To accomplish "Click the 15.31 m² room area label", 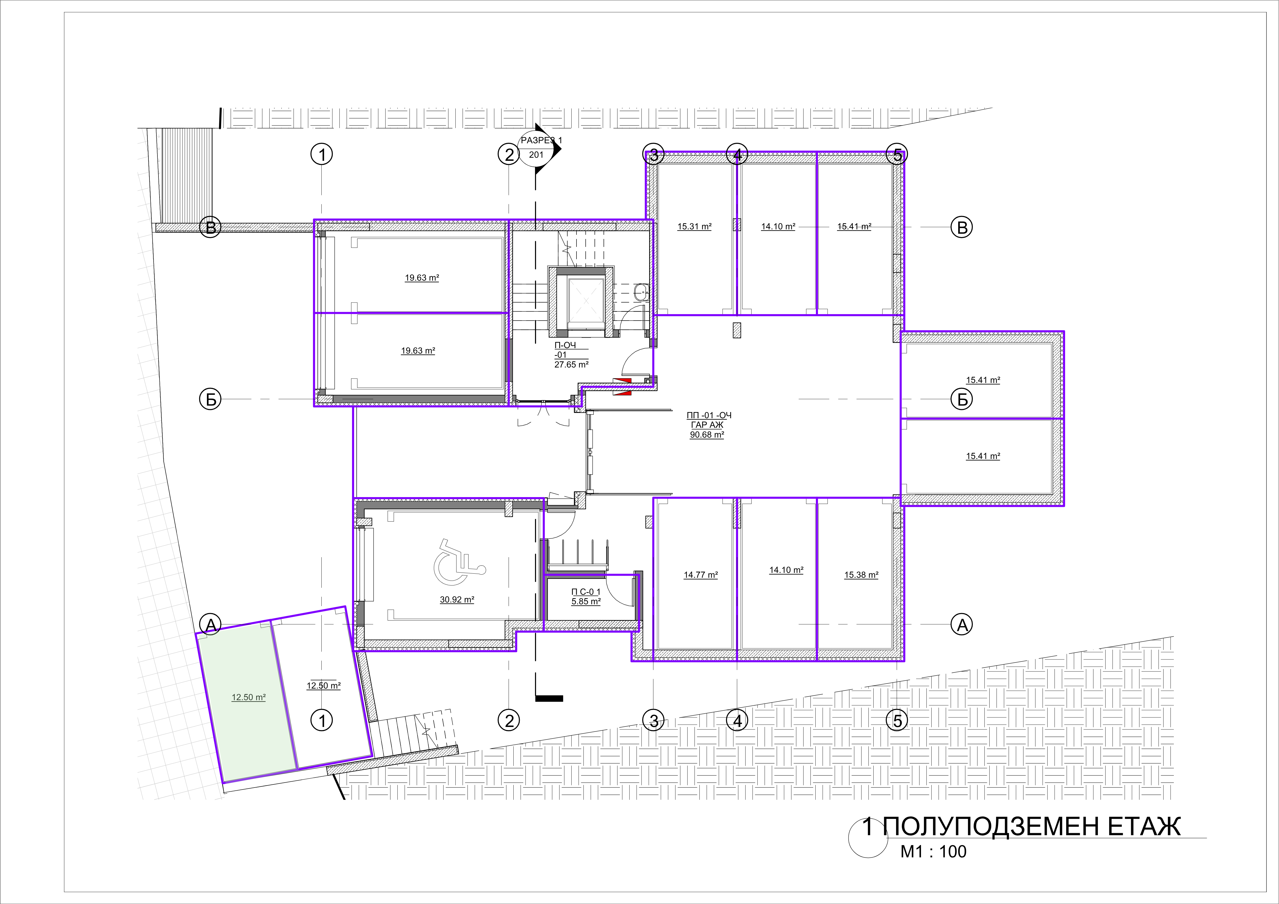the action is (x=694, y=227).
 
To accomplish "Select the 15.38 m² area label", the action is (x=861, y=575).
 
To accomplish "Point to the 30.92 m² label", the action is (x=457, y=600).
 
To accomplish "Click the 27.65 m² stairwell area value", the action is (x=572, y=364).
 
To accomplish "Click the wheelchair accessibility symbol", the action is (x=459, y=562).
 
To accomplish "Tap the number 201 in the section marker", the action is (x=536, y=155).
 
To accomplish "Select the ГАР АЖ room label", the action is (x=707, y=425).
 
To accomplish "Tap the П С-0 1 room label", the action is (x=586, y=592).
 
